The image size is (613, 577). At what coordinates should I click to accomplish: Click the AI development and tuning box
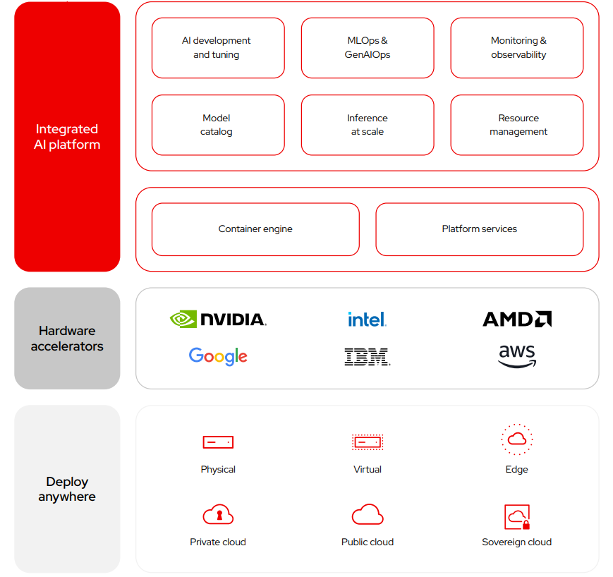tap(217, 48)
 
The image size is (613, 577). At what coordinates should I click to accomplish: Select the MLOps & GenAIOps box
tap(367, 48)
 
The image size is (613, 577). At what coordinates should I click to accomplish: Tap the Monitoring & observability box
tap(517, 48)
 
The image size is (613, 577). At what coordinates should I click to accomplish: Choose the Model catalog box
tap(217, 125)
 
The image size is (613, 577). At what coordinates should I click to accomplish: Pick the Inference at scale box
tap(367, 125)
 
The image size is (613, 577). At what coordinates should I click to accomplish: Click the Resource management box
tap(517, 125)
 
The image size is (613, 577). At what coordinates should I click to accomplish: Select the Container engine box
tap(255, 229)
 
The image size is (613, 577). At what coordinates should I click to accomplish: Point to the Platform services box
tap(479, 229)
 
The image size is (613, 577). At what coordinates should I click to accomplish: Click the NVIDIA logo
tap(218, 320)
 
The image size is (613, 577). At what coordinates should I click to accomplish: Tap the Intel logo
tap(367, 320)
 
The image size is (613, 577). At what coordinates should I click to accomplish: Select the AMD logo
tap(517, 320)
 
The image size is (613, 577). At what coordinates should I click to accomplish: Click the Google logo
tap(218, 356)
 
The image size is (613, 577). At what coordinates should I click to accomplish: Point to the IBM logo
tap(367, 356)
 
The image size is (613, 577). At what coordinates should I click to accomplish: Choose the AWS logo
tap(517, 356)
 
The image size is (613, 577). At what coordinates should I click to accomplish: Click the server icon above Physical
tap(218, 442)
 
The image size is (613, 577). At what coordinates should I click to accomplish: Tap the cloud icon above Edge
tap(517, 439)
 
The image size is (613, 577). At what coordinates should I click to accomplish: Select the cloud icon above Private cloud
tap(218, 515)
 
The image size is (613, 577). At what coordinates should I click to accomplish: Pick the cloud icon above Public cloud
tap(367, 515)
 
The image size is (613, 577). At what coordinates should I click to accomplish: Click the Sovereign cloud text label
tap(517, 542)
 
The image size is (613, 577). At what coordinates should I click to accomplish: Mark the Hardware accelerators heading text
tap(67, 339)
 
